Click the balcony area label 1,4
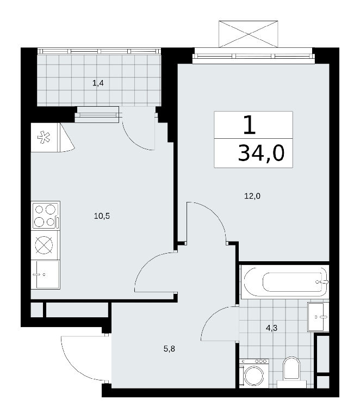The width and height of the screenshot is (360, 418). (x=98, y=83)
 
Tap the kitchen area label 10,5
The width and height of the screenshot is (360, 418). (x=102, y=216)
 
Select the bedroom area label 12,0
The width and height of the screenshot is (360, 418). (x=252, y=196)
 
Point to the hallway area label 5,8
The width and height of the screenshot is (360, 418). (x=169, y=349)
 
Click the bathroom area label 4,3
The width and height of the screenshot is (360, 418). (x=271, y=328)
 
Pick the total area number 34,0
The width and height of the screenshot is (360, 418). (x=261, y=153)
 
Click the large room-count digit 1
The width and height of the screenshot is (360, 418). (x=250, y=125)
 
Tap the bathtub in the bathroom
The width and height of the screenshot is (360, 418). (x=285, y=282)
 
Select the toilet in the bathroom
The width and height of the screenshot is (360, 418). (x=291, y=372)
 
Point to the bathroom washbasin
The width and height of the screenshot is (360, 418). (x=318, y=317)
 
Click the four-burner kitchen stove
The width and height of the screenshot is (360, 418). (x=46, y=216)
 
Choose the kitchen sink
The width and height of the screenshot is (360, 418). (x=46, y=274)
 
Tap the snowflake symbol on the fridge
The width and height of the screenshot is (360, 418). (x=44, y=137)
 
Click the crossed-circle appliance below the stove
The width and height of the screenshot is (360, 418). (x=44, y=245)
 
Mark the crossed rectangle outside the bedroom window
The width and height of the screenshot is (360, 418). (x=249, y=34)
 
